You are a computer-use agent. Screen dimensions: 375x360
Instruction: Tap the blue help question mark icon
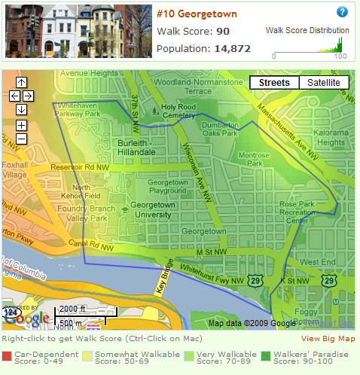(342, 12)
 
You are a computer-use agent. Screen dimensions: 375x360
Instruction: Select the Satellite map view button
(323, 83)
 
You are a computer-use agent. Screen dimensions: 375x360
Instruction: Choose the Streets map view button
(274, 83)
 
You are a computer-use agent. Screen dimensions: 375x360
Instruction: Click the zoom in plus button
(21, 125)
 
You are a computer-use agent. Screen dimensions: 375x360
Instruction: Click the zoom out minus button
(21, 139)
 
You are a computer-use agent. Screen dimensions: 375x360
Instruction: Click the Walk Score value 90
(223, 32)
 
